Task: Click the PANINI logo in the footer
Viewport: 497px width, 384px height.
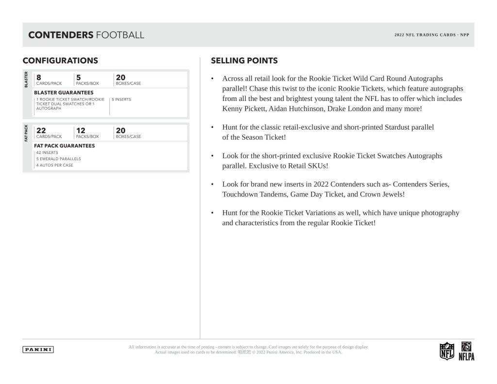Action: click(x=38, y=350)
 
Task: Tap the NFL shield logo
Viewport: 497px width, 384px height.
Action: click(x=447, y=351)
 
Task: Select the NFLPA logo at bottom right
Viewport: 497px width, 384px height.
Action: click(x=466, y=351)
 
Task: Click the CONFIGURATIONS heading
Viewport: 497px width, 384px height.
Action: click(x=60, y=61)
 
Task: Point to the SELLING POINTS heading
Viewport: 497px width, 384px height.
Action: click(x=244, y=61)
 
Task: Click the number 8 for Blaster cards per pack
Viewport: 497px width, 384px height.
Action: click(x=38, y=77)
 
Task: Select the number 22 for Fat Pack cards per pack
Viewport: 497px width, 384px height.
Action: click(x=41, y=130)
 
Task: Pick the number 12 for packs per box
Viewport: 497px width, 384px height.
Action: click(x=80, y=130)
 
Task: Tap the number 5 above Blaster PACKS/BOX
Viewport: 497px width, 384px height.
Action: click(x=78, y=77)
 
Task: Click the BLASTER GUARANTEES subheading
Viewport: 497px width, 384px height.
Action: click(x=64, y=92)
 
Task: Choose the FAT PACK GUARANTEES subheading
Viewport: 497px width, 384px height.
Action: click(x=64, y=146)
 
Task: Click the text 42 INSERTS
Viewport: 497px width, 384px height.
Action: click(x=47, y=152)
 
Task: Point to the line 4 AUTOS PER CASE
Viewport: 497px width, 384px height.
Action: click(x=54, y=165)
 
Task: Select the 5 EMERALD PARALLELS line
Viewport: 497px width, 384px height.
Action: click(x=58, y=159)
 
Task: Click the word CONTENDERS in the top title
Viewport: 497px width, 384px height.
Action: click(x=61, y=35)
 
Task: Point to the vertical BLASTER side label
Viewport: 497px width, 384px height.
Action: click(x=26, y=80)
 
